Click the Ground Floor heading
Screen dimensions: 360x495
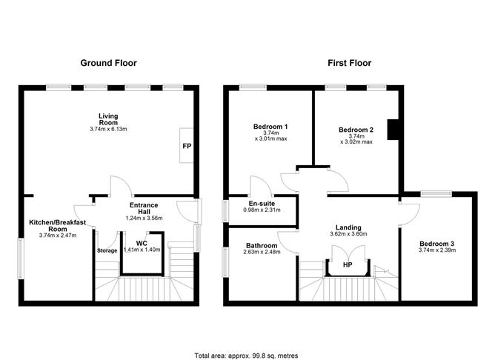pos(109,63)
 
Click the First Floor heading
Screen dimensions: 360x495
pos(349,63)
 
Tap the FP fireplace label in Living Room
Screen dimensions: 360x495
pos(187,146)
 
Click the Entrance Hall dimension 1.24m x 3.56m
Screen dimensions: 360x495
pos(145,218)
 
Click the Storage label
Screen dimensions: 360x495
pos(107,250)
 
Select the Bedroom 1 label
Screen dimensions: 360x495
pos(270,126)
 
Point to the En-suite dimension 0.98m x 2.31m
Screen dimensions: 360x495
pos(261,210)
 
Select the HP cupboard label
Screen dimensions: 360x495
pos(346,264)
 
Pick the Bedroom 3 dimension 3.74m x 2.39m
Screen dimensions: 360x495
pos(436,250)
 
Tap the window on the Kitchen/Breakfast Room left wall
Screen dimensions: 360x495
pos(21,256)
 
